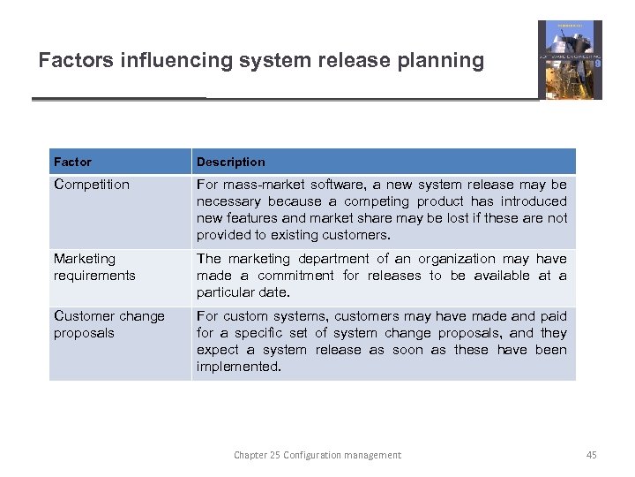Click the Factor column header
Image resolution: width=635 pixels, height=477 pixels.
click(72, 162)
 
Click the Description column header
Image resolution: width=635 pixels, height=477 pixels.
click(230, 162)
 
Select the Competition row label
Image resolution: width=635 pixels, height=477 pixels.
click(91, 185)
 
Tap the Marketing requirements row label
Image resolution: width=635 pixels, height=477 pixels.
click(94, 267)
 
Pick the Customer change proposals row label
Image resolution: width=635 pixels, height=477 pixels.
click(109, 324)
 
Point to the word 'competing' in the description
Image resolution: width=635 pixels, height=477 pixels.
click(380, 201)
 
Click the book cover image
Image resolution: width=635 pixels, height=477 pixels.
click(570, 59)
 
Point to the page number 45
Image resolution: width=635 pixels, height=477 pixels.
click(591, 455)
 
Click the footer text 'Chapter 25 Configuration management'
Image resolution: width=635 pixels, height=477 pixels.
click(317, 455)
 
